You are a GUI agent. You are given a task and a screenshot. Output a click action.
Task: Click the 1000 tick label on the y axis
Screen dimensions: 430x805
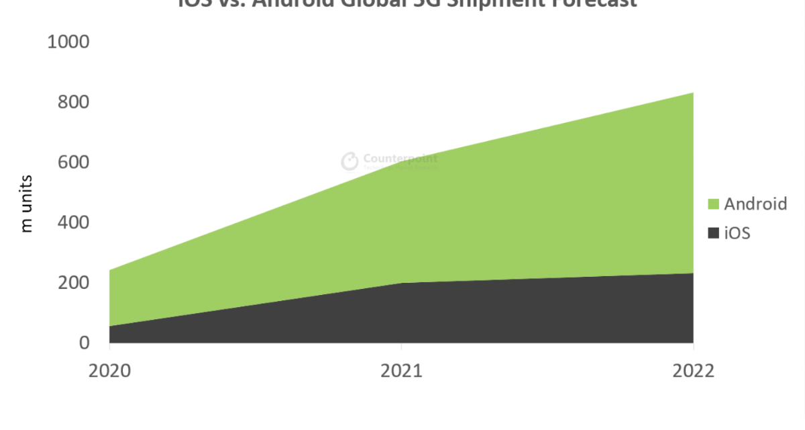(68, 42)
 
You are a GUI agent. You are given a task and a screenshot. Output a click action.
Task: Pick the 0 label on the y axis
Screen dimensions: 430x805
(84, 343)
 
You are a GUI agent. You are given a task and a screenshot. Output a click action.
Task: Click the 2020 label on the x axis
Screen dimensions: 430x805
(109, 371)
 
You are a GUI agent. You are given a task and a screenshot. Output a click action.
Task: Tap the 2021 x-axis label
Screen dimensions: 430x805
(401, 371)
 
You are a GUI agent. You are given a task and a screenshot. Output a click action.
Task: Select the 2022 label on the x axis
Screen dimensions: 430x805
(693, 371)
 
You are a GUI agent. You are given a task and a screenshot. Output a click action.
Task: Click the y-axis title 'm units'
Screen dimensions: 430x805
(27, 204)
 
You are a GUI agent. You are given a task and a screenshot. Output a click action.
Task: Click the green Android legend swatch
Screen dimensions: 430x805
(713, 204)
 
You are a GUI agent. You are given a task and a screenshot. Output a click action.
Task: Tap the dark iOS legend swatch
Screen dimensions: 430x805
(713, 233)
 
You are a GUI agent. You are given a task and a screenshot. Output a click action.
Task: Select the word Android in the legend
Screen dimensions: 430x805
(755, 204)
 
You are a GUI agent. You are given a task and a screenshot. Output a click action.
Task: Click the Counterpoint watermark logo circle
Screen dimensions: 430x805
(350, 161)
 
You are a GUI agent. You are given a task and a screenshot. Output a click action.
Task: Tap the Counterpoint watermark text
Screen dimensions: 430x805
(400, 159)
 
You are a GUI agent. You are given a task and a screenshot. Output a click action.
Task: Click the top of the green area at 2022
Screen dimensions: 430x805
(692, 93)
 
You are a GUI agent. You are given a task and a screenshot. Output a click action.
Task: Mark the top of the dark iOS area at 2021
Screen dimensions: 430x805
(401, 283)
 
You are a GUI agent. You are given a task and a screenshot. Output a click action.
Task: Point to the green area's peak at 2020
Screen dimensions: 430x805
(110, 270)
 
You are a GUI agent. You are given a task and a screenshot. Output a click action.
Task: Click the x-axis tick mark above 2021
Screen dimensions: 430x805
(401, 347)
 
